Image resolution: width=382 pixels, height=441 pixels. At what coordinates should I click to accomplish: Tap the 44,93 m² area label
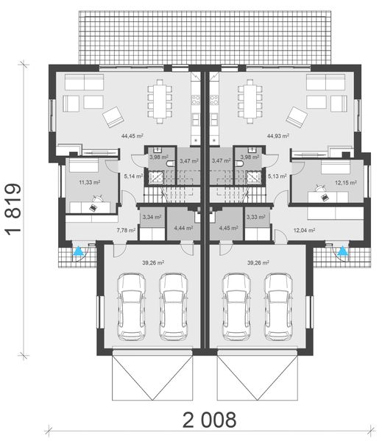coord(277,135)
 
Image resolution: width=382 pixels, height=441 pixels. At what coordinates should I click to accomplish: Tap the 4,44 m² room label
coord(183,228)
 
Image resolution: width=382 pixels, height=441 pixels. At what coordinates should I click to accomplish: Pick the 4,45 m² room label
coord(229,228)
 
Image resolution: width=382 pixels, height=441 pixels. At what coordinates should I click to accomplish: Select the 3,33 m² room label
coord(256,218)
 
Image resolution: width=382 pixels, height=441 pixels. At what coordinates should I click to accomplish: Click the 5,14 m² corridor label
coord(133,176)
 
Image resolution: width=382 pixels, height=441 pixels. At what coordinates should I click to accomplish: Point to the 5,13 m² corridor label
coord(277,176)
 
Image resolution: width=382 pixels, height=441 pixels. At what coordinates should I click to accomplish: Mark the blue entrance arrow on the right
coord(342,254)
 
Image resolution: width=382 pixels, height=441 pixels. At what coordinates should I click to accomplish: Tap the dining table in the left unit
coord(160,96)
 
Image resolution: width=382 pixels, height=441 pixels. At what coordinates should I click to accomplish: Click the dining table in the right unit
coord(249,96)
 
